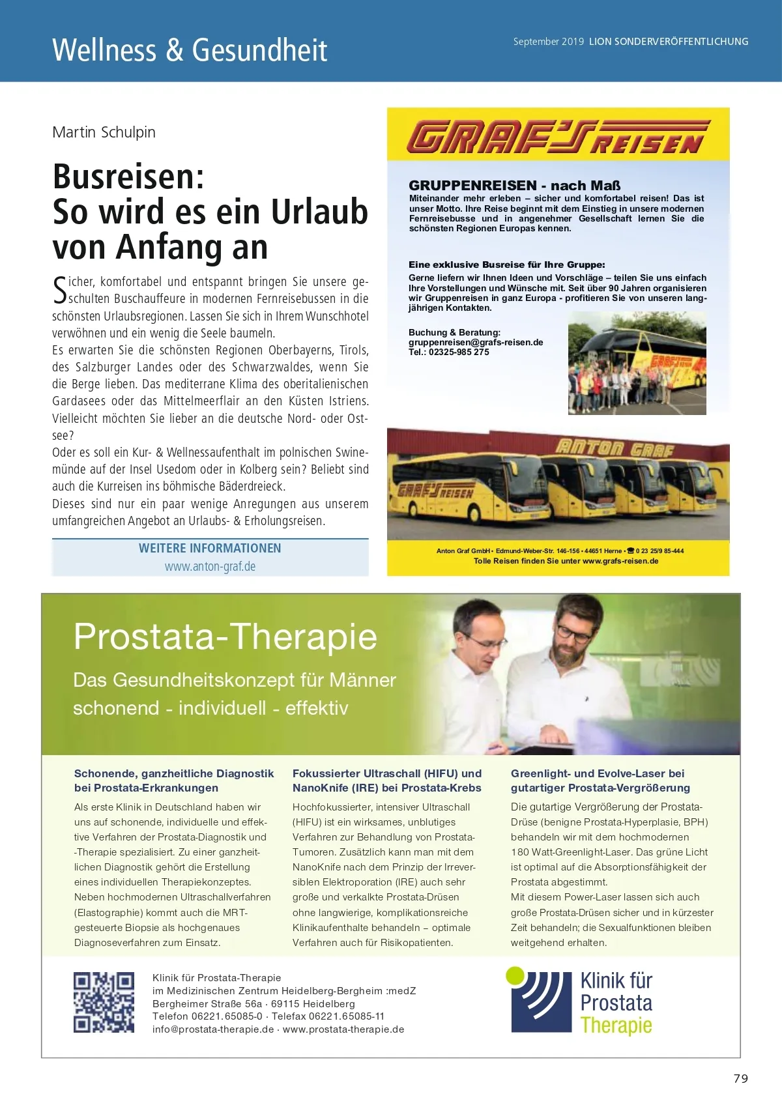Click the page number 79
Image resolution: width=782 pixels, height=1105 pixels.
pyautogui.click(x=741, y=1078)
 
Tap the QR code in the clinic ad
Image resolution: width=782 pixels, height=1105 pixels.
pyautogui.click(x=104, y=1002)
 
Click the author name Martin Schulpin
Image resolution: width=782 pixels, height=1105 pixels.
pyautogui.click(x=104, y=132)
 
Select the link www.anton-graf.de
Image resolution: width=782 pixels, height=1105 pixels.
pyautogui.click(x=210, y=566)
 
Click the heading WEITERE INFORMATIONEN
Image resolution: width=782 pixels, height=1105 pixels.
pyautogui.click(x=210, y=548)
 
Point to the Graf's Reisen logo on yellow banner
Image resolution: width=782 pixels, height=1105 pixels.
pyautogui.click(x=558, y=137)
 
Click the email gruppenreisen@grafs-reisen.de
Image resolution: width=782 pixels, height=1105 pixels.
pyautogui.click(x=476, y=342)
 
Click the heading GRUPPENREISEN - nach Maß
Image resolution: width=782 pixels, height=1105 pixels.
pyautogui.click(x=514, y=186)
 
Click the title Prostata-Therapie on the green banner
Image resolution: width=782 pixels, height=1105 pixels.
pyautogui.click(x=225, y=636)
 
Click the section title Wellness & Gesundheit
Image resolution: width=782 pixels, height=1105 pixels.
pyautogui.click(x=190, y=50)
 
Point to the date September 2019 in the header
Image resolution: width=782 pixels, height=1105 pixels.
pyautogui.click(x=548, y=42)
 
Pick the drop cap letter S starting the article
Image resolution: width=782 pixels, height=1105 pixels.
pyautogui.click(x=59, y=290)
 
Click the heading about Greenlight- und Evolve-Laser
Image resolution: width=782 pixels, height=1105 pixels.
pyautogui.click(x=600, y=781)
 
